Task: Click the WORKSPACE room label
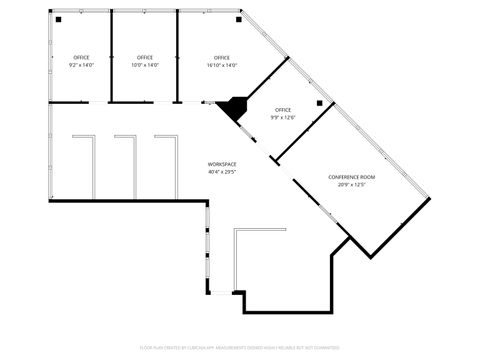tap(222, 163)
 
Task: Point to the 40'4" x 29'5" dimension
tap(222, 171)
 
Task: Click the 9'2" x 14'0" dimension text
tap(81, 65)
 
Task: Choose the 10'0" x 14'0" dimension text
tap(145, 65)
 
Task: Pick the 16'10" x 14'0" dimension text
tap(222, 65)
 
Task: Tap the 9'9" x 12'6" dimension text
tap(283, 117)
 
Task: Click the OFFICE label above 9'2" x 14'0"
tap(81, 57)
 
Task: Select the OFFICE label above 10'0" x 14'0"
tap(145, 57)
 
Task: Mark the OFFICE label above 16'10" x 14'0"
tap(222, 57)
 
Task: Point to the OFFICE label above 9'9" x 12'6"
tap(283, 109)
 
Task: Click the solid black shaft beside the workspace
tap(234, 108)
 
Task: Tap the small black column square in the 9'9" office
tap(320, 103)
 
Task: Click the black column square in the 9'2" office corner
tap(58, 19)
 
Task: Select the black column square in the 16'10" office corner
tap(238, 18)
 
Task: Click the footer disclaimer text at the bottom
tap(240, 348)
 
